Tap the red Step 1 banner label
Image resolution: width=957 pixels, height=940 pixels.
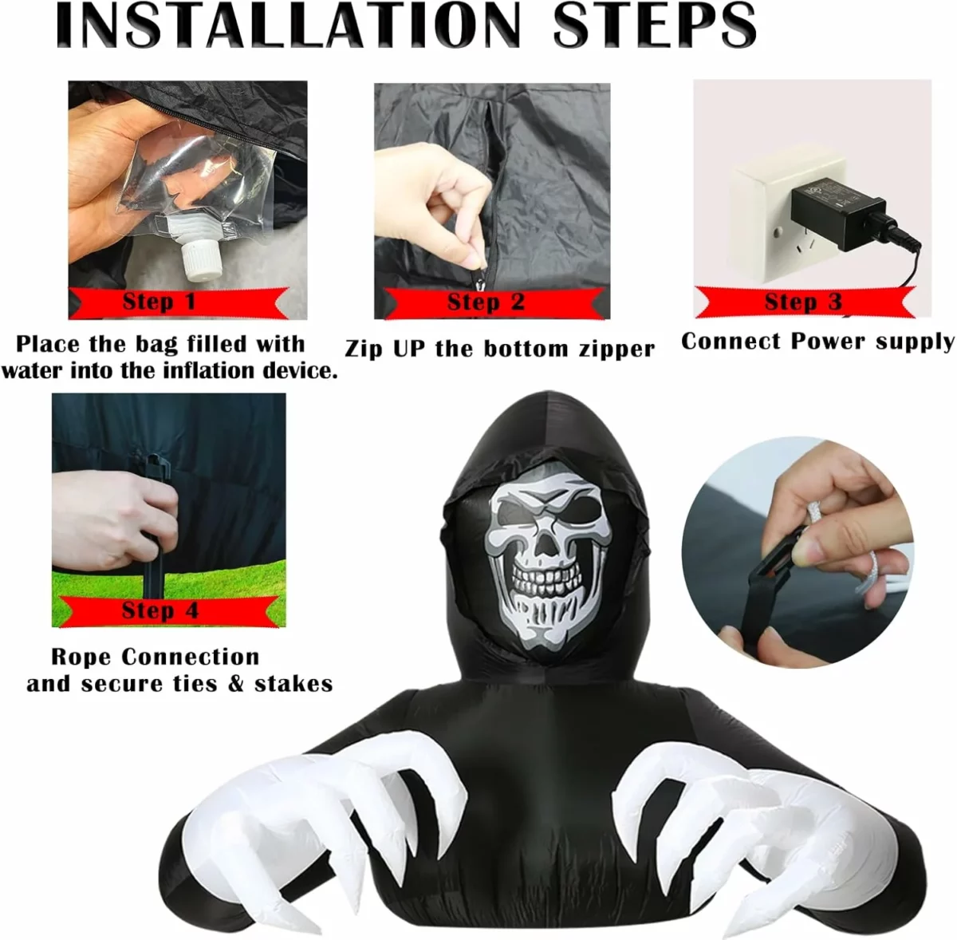click(x=179, y=302)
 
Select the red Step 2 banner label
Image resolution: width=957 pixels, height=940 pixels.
click(x=495, y=302)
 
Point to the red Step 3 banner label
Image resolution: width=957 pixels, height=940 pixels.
click(x=805, y=302)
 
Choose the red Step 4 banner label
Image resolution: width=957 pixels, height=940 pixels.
click(x=167, y=611)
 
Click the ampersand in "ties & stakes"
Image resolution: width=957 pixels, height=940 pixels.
click(x=236, y=685)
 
